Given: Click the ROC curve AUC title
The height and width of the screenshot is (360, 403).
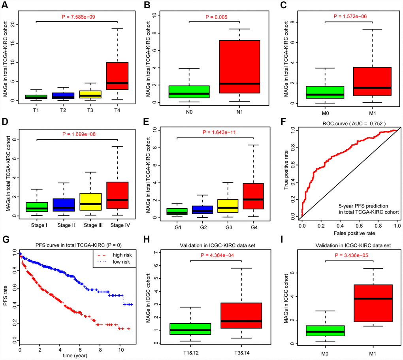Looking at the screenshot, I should pyautogui.click(x=351, y=122).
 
